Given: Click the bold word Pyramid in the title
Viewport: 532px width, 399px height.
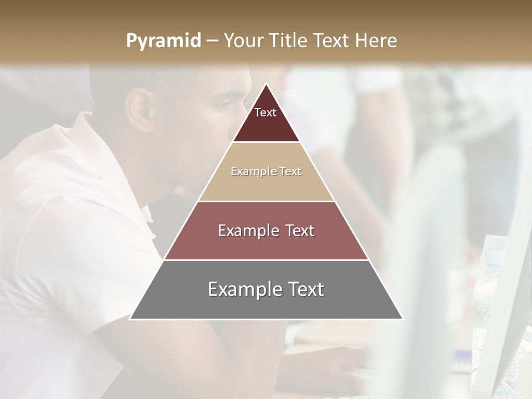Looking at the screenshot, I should coord(163,41).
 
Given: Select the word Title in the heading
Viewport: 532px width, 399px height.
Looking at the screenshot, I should coord(290,41).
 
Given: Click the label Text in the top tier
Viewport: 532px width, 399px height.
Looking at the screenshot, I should coord(265,113).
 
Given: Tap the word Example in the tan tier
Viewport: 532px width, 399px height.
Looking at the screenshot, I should coord(248,172).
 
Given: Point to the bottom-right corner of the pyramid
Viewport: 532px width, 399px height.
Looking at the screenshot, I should coord(402,319).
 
